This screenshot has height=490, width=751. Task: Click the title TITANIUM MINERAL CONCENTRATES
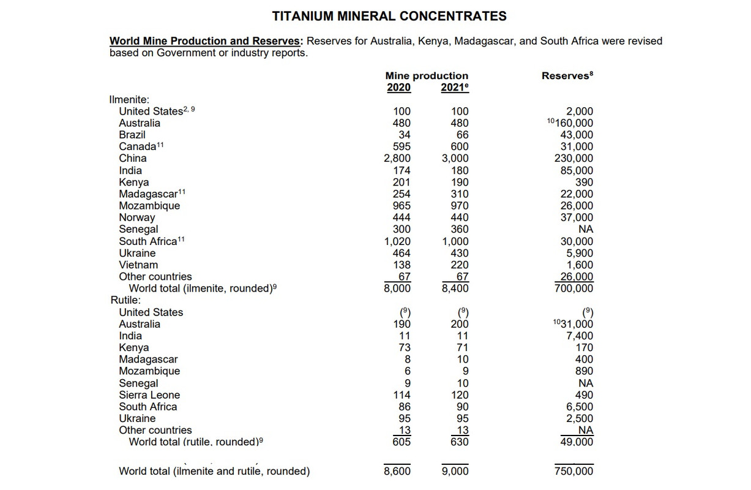point(389,16)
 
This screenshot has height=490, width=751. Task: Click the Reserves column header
point(567,76)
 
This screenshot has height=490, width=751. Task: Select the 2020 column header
point(399,88)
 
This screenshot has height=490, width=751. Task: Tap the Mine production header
point(427,76)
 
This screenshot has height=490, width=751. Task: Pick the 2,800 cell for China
point(397,159)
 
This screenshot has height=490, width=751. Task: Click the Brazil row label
point(132,135)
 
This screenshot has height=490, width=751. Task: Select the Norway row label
point(137,217)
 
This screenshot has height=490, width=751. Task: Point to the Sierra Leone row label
point(149,395)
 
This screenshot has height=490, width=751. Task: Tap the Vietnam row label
point(138,265)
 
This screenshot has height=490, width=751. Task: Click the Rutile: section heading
point(125,300)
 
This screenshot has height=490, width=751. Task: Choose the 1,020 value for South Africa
point(397,241)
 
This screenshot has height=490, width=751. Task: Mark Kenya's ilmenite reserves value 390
point(584,182)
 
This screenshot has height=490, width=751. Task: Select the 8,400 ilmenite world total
point(455,288)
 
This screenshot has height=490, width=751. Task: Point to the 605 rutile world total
point(401,442)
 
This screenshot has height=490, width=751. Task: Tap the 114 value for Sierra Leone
point(402,395)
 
